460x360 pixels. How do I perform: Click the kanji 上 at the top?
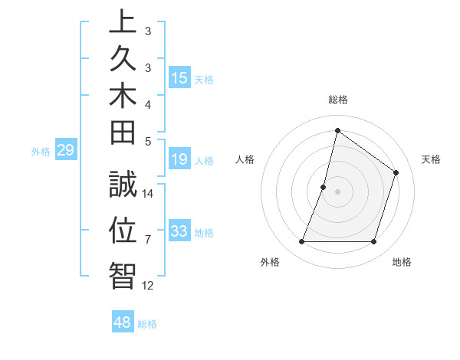(122, 21)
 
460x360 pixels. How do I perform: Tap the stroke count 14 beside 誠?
(148, 193)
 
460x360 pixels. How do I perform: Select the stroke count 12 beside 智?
(148, 286)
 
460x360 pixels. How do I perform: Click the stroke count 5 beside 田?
(148, 141)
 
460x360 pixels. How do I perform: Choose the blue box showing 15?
(179, 78)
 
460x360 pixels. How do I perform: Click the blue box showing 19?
(179, 160)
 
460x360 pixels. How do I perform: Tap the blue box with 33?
(179, 232)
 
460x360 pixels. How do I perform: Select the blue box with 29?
(65, 151)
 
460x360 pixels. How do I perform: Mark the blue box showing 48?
(123, 323)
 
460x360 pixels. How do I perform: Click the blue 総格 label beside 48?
(147, 324)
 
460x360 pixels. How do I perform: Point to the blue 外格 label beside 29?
(41, 152)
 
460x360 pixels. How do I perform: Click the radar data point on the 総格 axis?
(337, 130)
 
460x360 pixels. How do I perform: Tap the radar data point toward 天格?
(396, 172)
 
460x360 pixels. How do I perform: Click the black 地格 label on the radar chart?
(402, 262)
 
